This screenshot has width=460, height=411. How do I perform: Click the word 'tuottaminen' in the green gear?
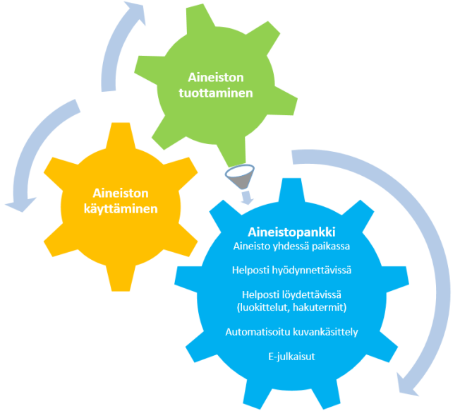click(x=219, y=92)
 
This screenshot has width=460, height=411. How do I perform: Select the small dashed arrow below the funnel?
click(x=245, y=196)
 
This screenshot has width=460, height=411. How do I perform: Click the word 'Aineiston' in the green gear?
click(x=219, y=76)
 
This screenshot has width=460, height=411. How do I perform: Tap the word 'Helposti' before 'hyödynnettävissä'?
click(x=249, y=270)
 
